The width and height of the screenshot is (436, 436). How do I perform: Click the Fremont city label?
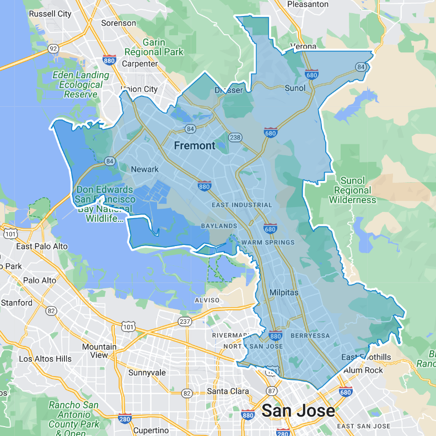(x=195, y=146)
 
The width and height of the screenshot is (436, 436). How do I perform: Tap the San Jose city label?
(x=298, y=411)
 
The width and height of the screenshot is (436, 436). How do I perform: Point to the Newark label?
(x=144, y=170)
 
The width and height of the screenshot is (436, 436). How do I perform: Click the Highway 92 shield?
(x=53, y=48)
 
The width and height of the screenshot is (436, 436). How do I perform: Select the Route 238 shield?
(x=235, y=138)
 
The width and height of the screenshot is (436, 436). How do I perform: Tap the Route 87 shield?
(x=272, y=391)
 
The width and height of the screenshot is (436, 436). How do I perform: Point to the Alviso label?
(x=207, y=300)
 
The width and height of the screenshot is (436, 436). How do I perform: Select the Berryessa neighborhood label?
(x=310, y=336)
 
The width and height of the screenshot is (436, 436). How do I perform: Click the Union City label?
(x=139, y=89)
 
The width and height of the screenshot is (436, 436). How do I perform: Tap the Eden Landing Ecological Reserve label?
(x=81, y=85)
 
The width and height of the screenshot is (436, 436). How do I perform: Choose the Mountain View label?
(x=99, y=351)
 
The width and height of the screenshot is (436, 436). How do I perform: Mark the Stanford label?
(x=16, y=303)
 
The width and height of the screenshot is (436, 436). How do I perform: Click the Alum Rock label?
(x=363, y=370)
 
